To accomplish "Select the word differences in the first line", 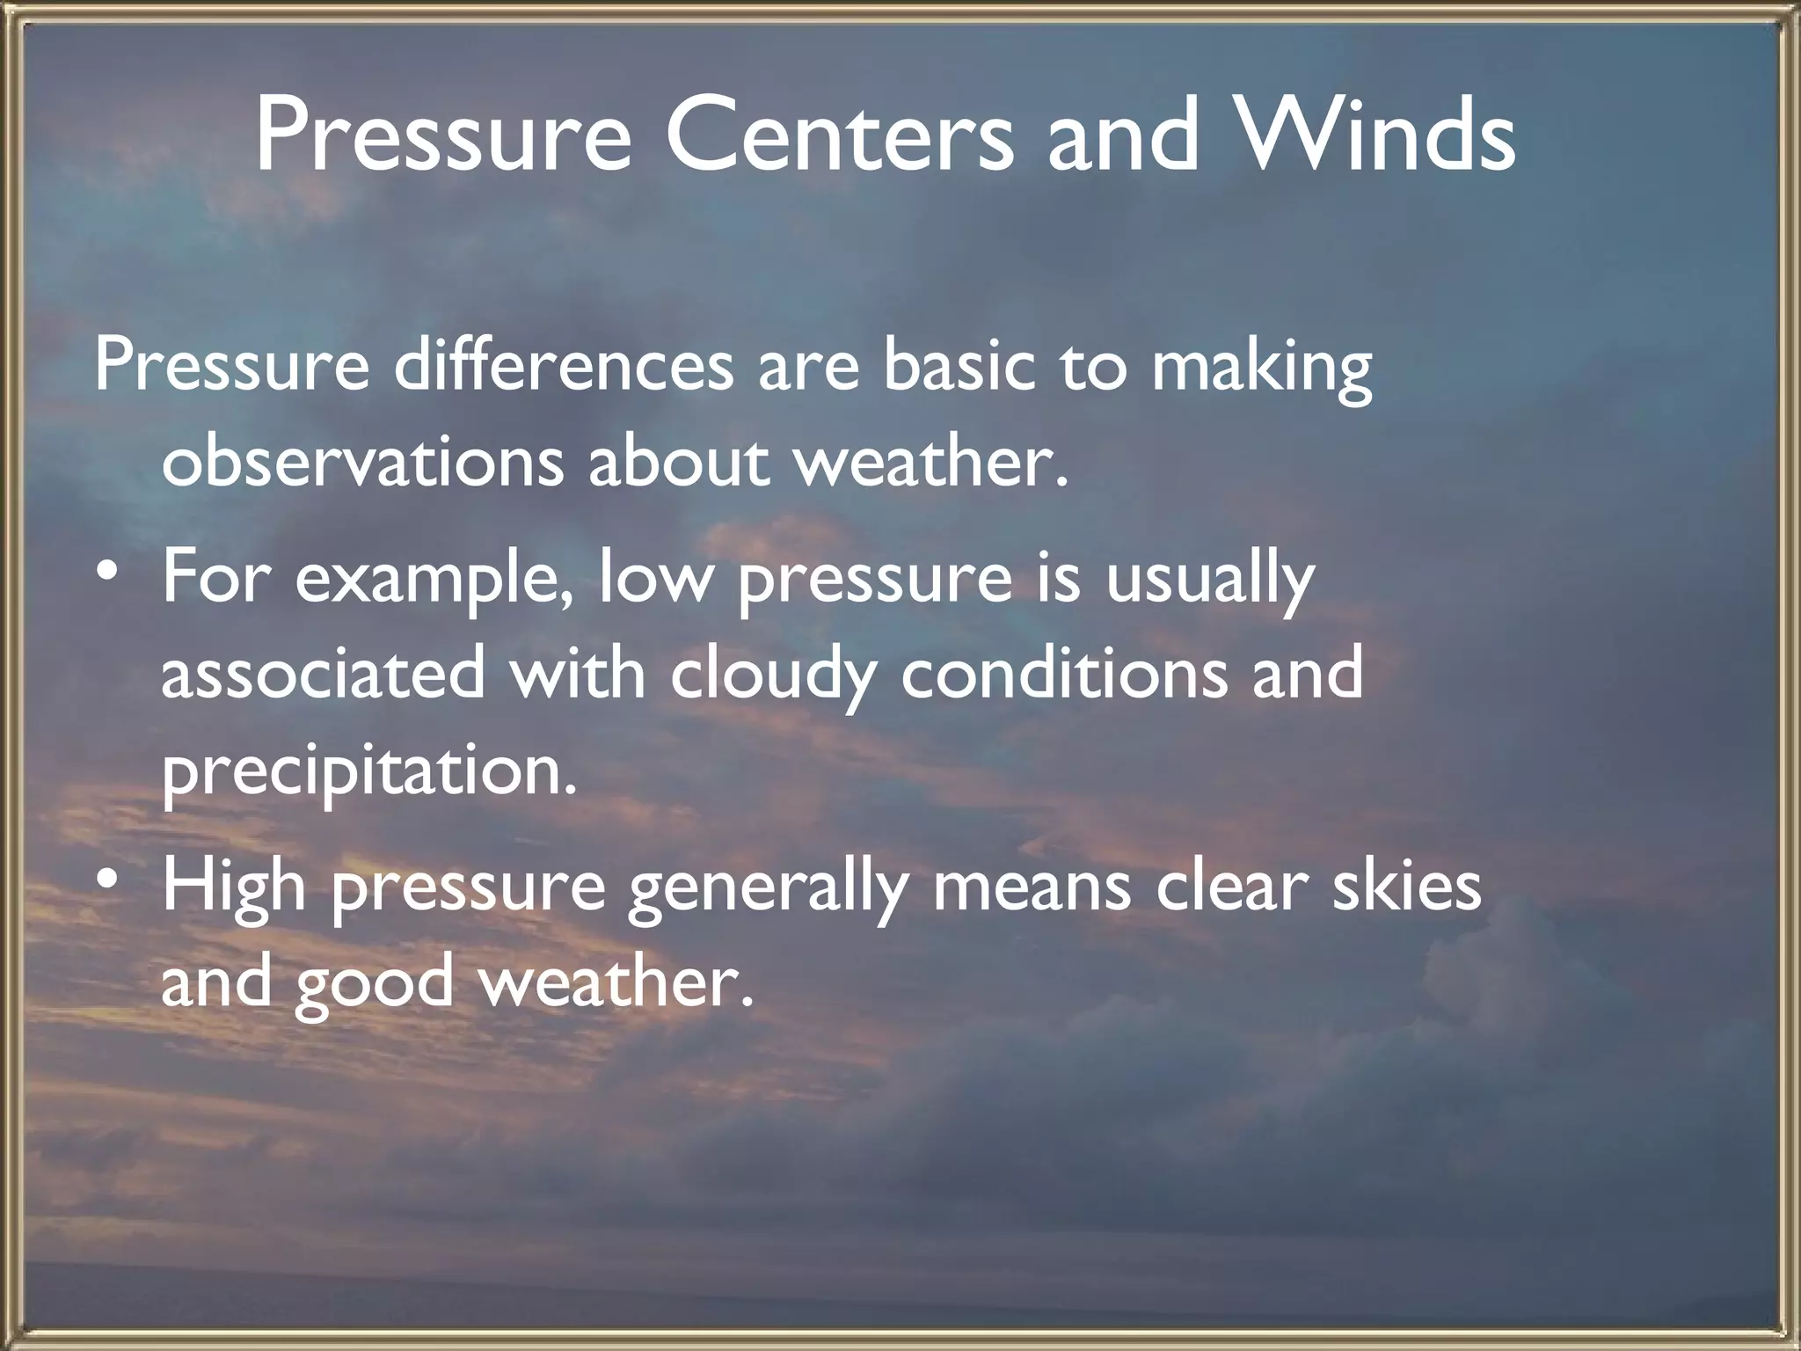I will pyautogui.click(x=563, y=366).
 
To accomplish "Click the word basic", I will pyautogui.click(x=959, y=366).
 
